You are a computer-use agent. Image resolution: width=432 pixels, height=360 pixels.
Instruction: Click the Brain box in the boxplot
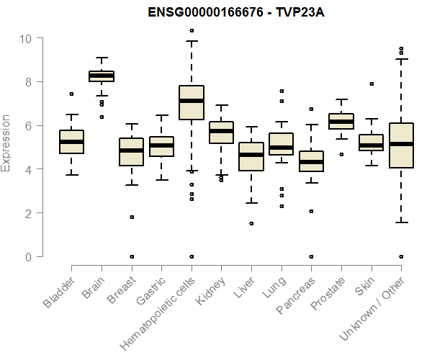pos(102,76)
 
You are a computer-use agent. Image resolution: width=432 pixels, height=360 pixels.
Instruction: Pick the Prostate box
pos(341,121)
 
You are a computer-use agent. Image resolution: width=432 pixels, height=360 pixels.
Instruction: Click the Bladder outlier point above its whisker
pos(71,94)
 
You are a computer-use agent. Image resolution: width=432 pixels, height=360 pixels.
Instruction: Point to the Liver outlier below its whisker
pos(251,223)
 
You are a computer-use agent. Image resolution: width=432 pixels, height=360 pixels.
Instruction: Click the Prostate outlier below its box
pos(341,154)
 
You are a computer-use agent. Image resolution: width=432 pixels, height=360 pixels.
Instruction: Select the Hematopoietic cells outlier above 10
pos(191,30)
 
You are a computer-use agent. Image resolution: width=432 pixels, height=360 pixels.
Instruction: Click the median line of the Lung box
pos(281,148)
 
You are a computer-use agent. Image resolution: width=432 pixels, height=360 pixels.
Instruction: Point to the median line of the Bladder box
pos(71,142)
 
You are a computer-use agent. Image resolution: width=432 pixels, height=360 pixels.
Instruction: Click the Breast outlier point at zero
pos(131,256)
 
